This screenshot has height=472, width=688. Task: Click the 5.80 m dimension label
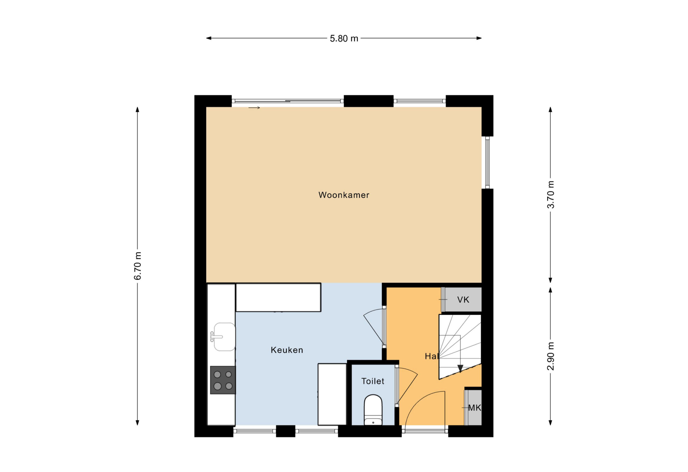coord(344,38)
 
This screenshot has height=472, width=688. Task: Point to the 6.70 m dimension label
coord(138,266)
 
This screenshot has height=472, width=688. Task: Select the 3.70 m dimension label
coord(550,194)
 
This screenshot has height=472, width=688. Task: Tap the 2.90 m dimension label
coord(550,356)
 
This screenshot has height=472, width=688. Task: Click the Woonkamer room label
coord(344,195)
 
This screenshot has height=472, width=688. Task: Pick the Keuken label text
coord(287,350)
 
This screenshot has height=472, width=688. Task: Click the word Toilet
coord(373,381)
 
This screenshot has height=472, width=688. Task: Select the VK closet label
coord(463,300)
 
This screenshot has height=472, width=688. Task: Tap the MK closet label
coord(474,408)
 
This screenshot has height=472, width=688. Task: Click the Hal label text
coord(431,356)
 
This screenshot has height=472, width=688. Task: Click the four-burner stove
coord(223,380)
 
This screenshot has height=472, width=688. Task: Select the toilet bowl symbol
coord(373,410)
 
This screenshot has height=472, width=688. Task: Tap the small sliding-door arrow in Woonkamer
coord(254,108)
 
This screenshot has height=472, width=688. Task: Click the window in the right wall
coord(487,162)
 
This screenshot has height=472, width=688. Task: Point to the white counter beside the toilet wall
coord(332,394)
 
